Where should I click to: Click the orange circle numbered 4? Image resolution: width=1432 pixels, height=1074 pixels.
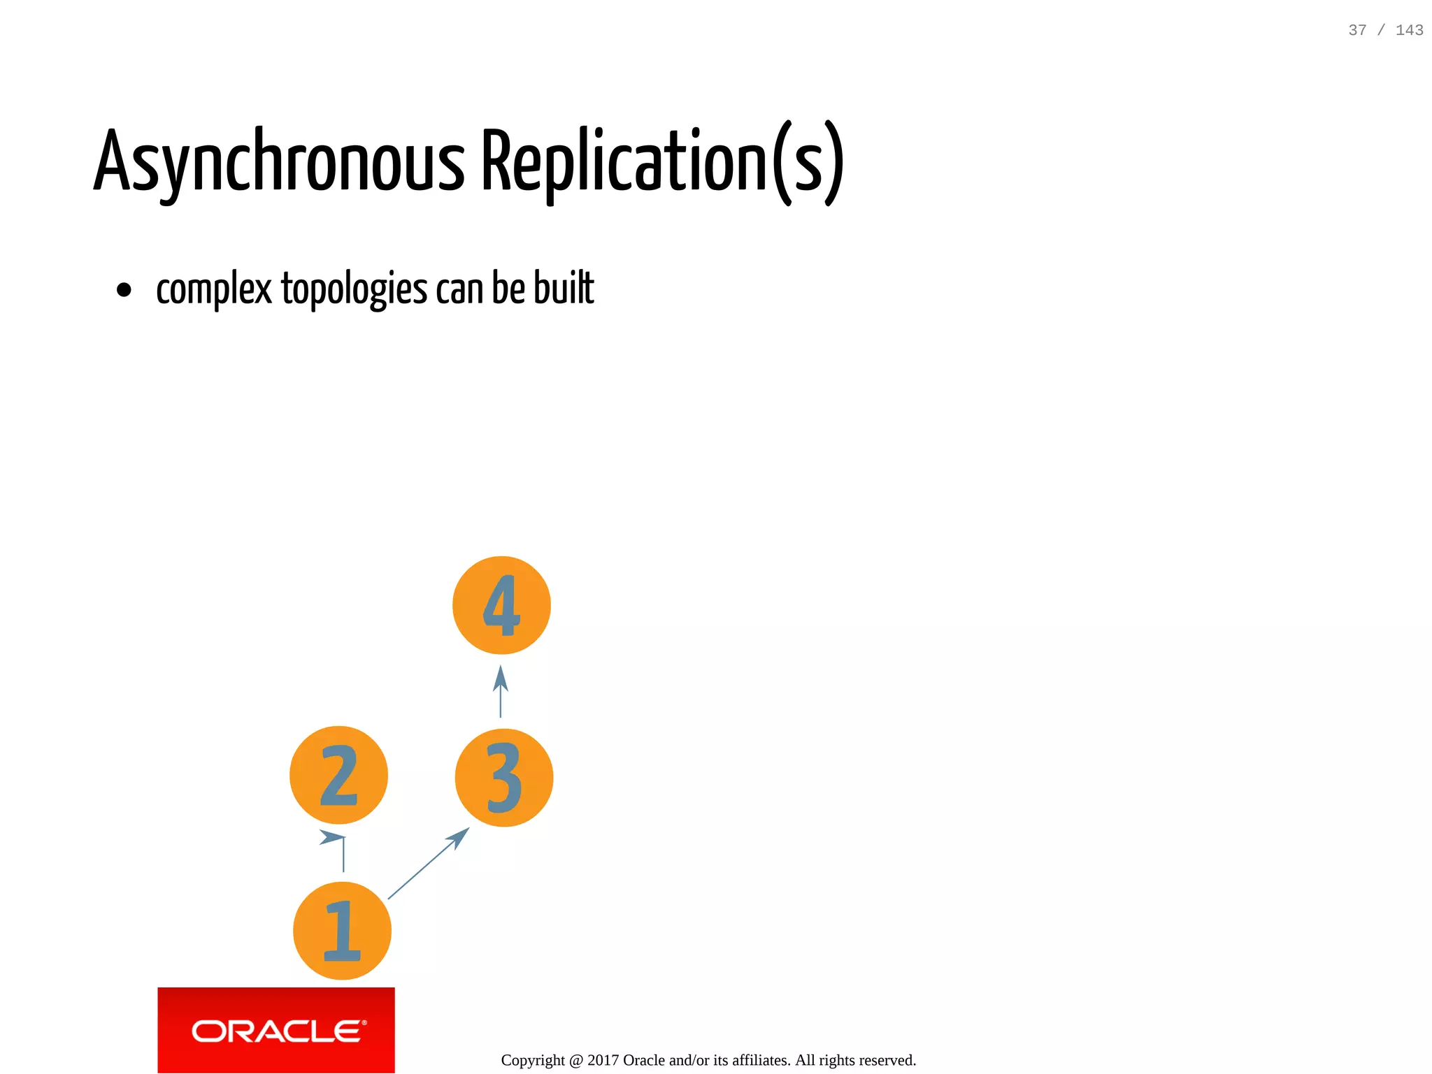click(x=501, y=605)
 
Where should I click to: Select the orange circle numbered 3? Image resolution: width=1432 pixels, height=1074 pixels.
click(x=503, y=778)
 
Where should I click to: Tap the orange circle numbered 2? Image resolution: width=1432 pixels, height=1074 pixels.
click(x=338, y=775)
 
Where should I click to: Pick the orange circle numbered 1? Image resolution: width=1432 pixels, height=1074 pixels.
click(x=342, y=931)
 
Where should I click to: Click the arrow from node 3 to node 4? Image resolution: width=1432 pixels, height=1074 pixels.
click(x=501, y=692)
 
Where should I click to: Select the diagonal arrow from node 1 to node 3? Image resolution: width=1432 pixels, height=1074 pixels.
click(x=428, y=864)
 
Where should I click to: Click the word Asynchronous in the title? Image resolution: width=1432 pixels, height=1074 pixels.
click(x=278, y=162)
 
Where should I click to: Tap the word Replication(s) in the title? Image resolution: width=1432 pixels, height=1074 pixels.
click(x=662, y=162)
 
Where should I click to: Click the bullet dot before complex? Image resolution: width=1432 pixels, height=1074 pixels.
click(x=124, y=290)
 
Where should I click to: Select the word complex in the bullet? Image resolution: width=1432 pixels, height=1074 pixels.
click(x=214, y=289)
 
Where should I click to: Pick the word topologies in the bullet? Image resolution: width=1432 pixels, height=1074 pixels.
click(x=354, y=289)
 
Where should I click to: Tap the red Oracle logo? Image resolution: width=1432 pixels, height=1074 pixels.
click(x=276, y=1030)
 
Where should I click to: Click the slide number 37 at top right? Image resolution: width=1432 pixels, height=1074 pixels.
click(x=1357, y=30)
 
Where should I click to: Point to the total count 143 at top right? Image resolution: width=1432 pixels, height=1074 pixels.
click(x=1409, y=30)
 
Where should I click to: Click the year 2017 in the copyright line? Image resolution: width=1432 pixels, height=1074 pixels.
click(x=603, y=1060)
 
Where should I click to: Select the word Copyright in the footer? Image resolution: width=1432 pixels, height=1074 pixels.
click(x=533, y=1060)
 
